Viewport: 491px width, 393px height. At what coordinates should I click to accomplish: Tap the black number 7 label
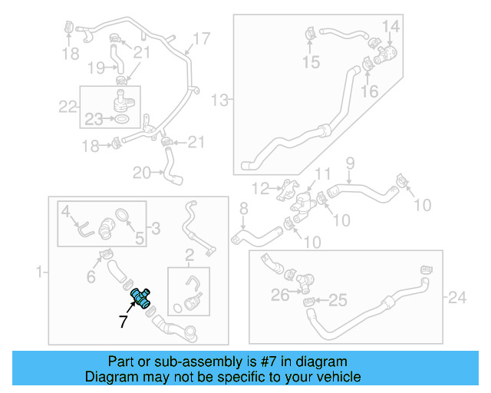[x=123, y=322]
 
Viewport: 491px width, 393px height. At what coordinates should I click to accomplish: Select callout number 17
[x=201, y=38]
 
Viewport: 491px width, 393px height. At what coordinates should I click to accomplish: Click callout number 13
[x=220, y=100]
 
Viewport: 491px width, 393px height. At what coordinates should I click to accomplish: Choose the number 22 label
[x=68, y=106]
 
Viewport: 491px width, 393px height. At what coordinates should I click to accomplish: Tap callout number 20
[x=142, y=173]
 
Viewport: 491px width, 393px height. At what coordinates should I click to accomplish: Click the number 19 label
[x=95, y=68]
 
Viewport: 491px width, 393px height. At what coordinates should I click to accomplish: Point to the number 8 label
[x=243, y=209]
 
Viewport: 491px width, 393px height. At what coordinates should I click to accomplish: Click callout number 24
[x=457, y=297]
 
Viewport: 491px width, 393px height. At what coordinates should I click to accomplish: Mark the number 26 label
[x=280, y=293]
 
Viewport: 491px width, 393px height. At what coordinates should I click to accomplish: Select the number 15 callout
[x=311, y=61]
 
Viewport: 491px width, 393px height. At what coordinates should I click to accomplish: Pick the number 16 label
[x=370, y=91]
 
